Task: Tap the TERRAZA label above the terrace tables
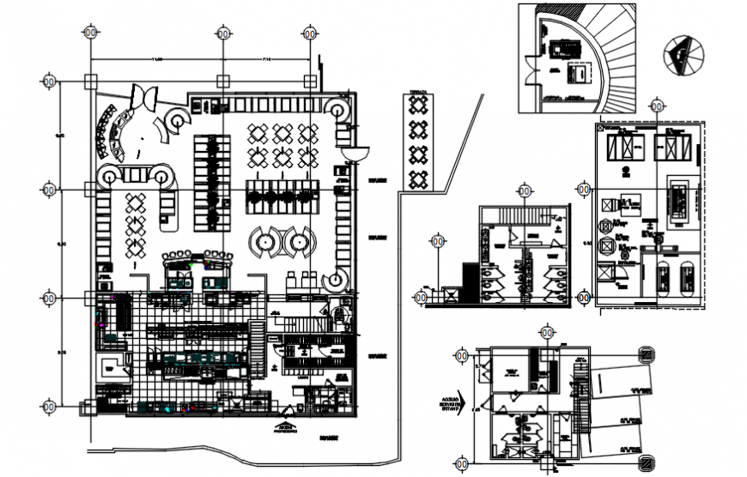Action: [x=417, y=88]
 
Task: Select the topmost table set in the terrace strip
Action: [x=417, y=105]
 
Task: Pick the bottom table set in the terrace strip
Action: [x=417, y=179]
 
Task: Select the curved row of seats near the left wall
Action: [x=110, y=132]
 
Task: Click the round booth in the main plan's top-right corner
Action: [x=337, y=109]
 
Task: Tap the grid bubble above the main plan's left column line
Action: [x=90, y=33]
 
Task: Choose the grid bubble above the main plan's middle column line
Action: [x=222, y=33]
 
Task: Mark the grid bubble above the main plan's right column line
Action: [x=310, y=33]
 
